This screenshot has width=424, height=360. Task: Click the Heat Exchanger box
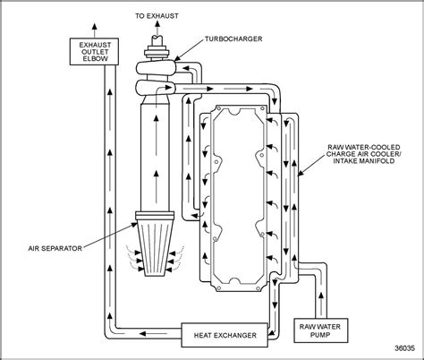tap(225, 335)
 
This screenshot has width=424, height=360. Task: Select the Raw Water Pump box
tap(321, 330)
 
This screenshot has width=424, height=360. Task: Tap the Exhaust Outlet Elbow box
tap(94, 51)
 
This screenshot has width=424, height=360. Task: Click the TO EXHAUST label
tap(157, 16)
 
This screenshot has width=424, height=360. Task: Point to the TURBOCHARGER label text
tap(233, 39)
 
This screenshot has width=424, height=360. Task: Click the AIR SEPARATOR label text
tap(55, 248)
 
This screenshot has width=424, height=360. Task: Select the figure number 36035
tap(404, 348)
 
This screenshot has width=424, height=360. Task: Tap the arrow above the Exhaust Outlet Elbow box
tap(95, 30)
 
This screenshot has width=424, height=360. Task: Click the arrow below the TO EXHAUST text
tap(157, 29)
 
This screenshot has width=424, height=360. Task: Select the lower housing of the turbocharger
tap(155, 88)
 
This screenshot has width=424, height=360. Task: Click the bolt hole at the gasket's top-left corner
tap(218, 107)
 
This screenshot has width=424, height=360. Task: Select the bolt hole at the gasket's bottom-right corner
tap(259, 287)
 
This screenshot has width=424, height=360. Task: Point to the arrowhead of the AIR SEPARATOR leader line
tap(135, 224)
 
